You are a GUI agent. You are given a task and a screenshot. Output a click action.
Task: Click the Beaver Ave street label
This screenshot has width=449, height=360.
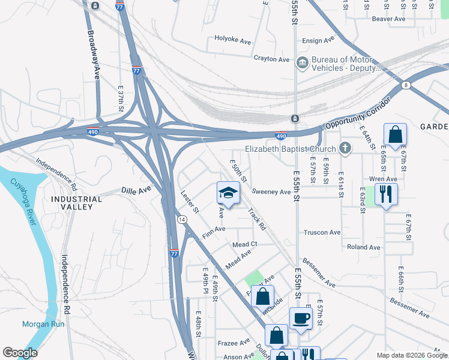[x=388, y=19]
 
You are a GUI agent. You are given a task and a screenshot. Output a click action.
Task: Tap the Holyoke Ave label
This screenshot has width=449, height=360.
[x=232, y=40]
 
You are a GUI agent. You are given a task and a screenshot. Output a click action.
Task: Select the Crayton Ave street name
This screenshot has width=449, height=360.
[x=271, y=59]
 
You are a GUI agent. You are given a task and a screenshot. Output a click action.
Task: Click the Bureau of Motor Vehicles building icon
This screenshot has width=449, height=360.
[x=302, y=62]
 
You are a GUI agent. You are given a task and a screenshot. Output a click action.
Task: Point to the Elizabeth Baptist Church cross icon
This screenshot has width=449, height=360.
[x=345, y=148]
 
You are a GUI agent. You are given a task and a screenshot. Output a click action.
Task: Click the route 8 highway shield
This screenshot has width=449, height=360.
[x=406, y=85]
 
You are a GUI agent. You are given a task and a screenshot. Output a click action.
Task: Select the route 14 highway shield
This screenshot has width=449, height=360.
[x=181, y=220]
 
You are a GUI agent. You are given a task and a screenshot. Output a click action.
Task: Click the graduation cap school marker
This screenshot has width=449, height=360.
[x=228, y=193]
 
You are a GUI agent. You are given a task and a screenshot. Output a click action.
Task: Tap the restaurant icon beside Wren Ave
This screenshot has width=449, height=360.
[x=385, y=194]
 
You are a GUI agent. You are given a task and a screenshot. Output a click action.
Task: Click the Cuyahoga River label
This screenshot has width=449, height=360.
[x=22, y=200]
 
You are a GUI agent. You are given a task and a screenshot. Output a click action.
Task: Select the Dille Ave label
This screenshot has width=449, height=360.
[x=136, y=189]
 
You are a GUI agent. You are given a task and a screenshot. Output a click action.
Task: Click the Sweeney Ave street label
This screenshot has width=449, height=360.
[x=271, y=192]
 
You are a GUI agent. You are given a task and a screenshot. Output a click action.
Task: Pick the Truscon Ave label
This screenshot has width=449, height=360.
[x=322, y=232]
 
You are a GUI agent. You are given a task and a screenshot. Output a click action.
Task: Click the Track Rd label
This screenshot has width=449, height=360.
[x=257, y=220]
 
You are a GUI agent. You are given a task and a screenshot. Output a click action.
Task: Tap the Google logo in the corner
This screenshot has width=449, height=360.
[x=20, y=353]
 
